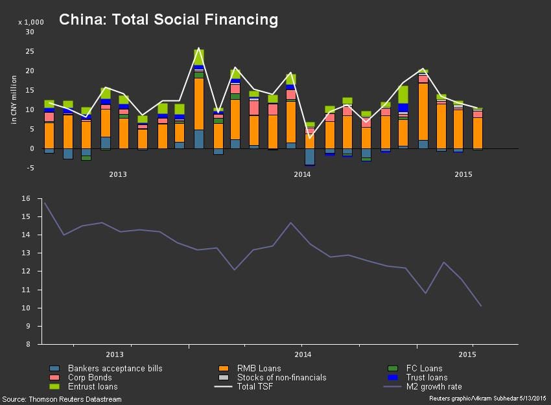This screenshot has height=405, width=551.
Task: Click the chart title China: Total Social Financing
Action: (x=169, y=20)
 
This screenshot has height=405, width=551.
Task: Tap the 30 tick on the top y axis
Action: (x=29, y=32)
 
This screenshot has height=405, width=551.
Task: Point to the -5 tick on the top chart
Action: (x=29, y=168)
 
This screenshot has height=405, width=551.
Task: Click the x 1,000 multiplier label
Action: (x=30, y=22)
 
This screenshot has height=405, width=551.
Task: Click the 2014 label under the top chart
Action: (x=302, y=174)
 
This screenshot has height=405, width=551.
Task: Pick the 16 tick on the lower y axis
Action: (x=27, y=199)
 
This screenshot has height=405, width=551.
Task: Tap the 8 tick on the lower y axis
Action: (x=29, y=345)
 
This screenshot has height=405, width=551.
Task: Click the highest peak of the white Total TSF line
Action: (x=198, y=49)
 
